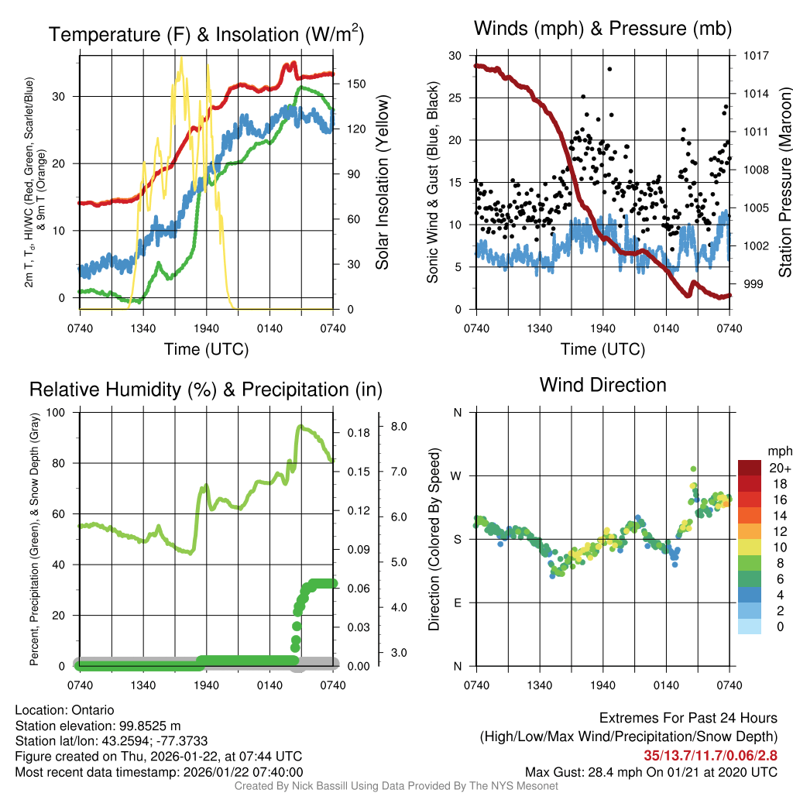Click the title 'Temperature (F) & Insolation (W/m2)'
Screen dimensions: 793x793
(206, 34)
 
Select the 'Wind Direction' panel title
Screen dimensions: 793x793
(602, 385)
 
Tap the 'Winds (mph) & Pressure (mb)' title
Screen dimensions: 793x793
(602, 29)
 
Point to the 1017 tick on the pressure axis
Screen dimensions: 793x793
(752, 56)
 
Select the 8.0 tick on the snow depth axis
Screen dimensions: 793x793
(400, 427)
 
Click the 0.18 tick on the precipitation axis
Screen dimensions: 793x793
(357, 433)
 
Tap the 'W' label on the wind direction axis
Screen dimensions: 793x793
(457, 475)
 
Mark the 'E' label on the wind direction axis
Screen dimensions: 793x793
(458, 602)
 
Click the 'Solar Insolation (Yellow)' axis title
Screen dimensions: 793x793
(382, 182)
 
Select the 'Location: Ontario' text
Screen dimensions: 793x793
(64, 710)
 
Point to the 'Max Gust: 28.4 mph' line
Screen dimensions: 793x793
(651, 772)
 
